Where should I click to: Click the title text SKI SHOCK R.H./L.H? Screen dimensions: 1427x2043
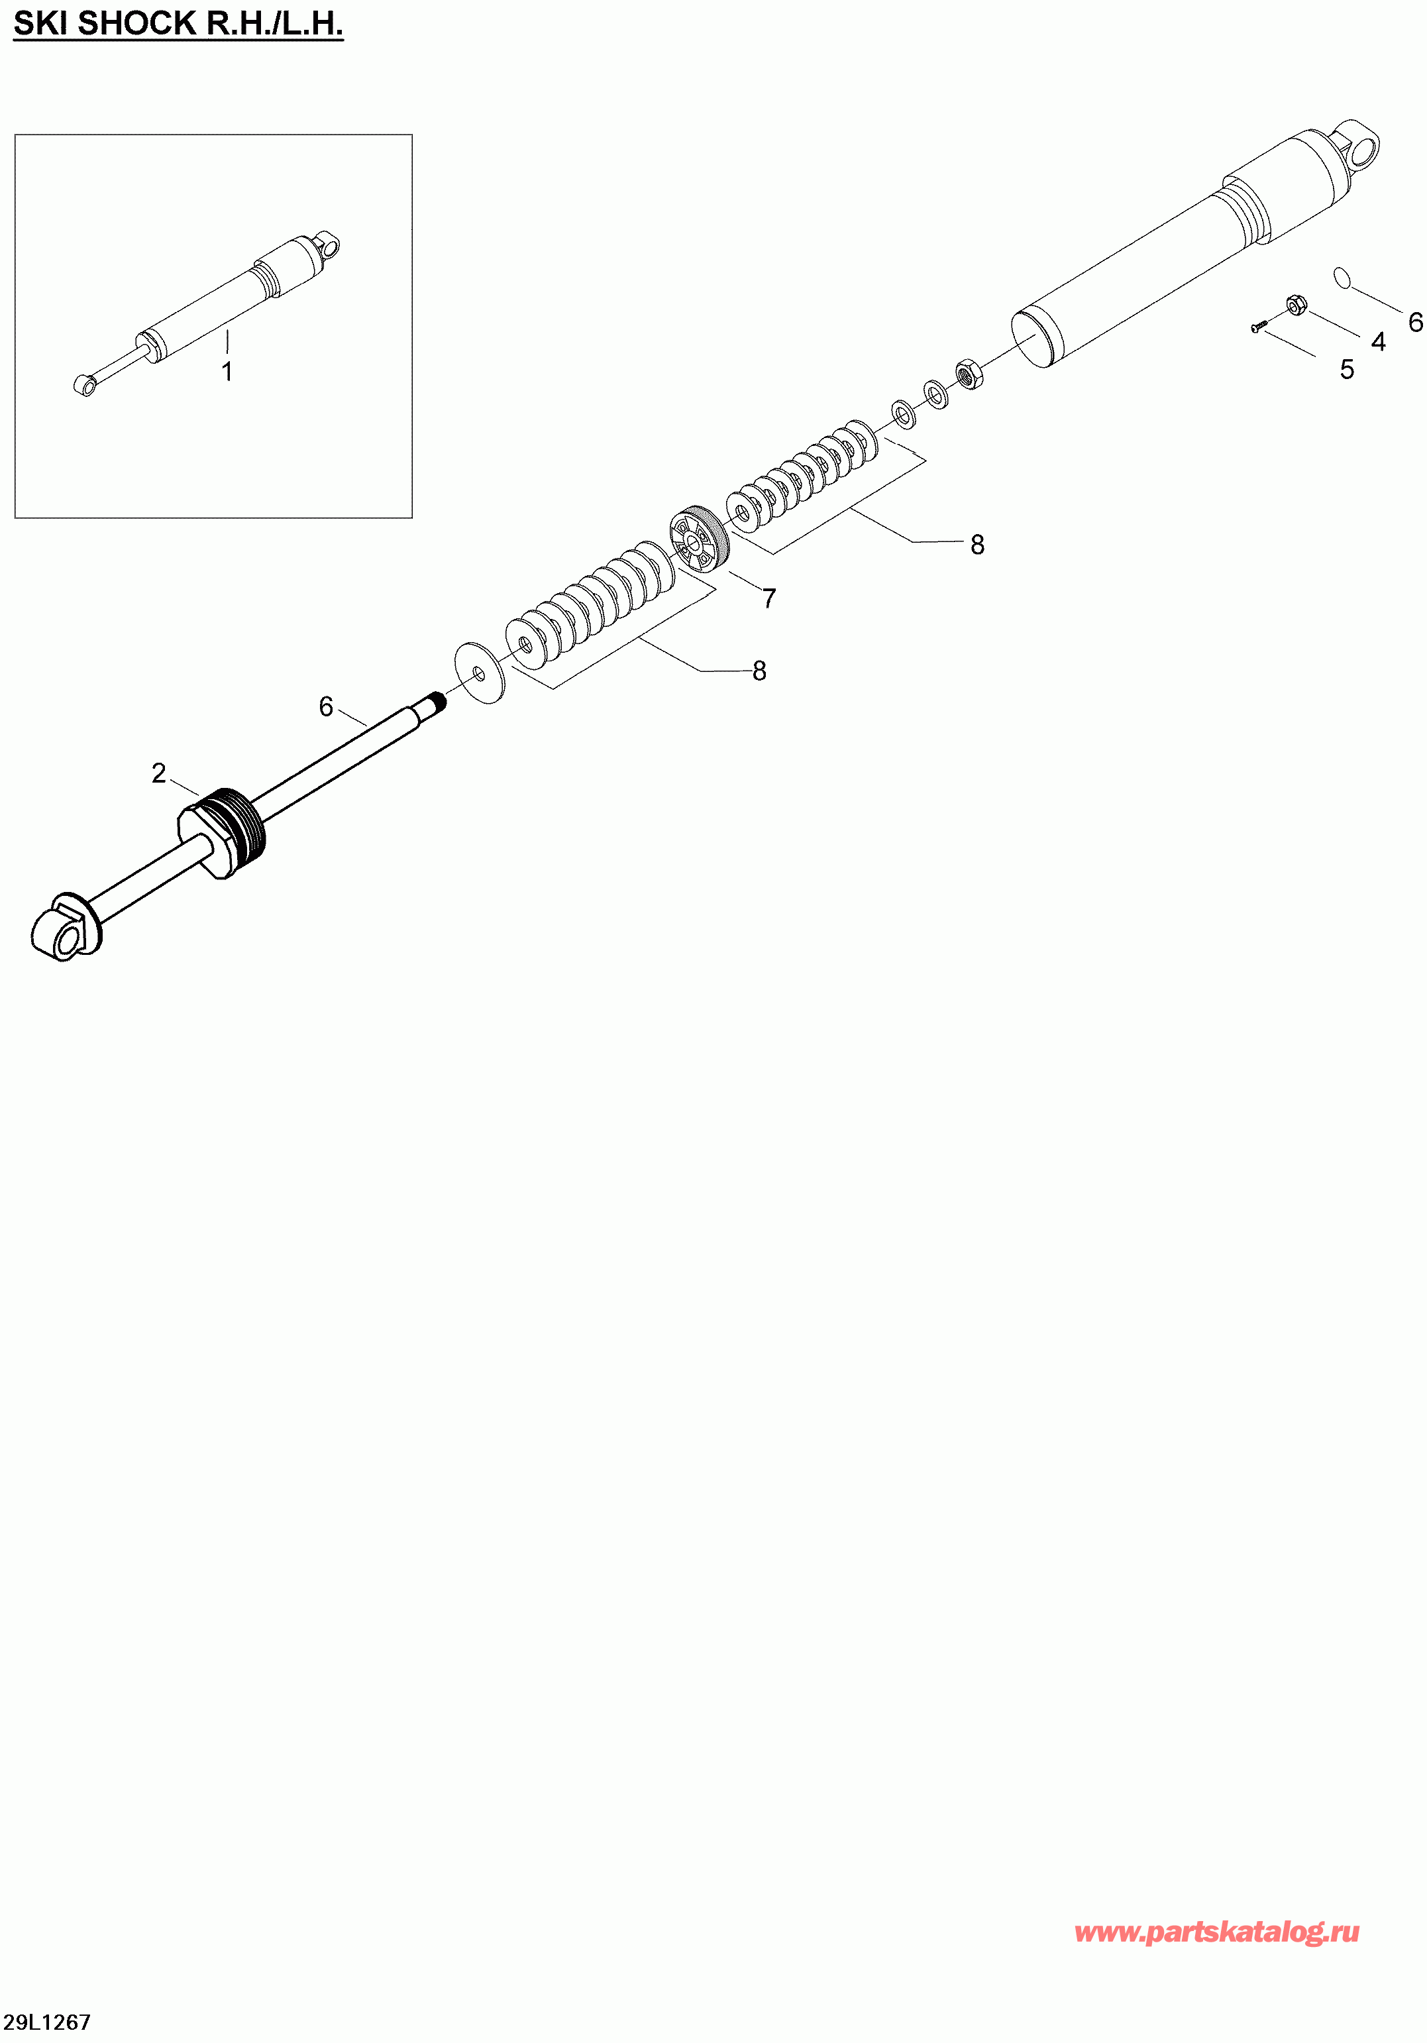178,24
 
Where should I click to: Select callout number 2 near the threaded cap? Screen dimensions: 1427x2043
158,773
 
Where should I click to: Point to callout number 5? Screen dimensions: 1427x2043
1347,369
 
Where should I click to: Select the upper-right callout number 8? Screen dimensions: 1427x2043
977,545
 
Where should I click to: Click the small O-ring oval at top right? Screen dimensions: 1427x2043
1342,278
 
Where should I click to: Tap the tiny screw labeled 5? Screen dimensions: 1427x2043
1259,327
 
